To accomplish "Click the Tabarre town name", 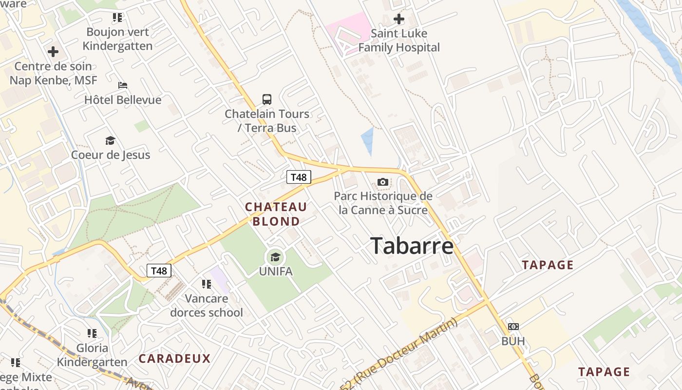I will (412, 246).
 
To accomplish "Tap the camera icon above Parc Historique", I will (383, 182).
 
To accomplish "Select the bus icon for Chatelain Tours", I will (267, 99).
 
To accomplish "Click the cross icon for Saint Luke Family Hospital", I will (399, 19).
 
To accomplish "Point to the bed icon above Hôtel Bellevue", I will (123, 85).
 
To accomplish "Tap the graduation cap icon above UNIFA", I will (276, 257).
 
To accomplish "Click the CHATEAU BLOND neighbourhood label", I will (276, 214).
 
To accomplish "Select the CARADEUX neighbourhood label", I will (174, 359).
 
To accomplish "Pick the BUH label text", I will (513, 341).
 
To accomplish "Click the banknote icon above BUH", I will (513, 327).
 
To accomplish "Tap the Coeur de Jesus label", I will (111, 155).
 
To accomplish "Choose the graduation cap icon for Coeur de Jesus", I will (110, 141).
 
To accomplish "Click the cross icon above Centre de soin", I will (53, 52).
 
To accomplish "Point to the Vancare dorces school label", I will (207, 305).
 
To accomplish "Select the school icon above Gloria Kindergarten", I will (92, 333).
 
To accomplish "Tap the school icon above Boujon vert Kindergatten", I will (117, 18).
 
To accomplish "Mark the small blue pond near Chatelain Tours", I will (368, 139).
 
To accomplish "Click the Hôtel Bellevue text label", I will (123, 100).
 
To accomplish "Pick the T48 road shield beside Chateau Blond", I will (299, 177).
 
